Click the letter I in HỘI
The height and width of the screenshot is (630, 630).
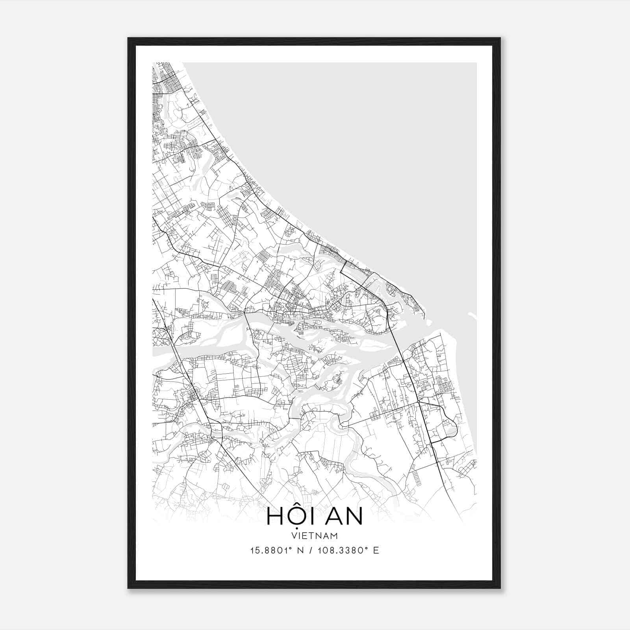pyautogui.click(x=313, y=517)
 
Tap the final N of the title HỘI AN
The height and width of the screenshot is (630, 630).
pyautogui.click(x=354, y=517)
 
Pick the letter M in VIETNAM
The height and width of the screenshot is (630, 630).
pyautogui.click(x=334, y=535)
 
